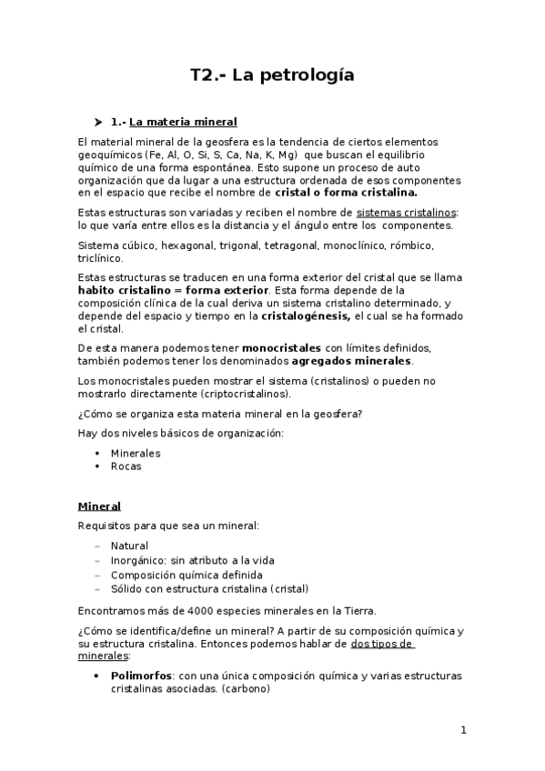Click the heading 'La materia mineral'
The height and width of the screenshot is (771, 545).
pyautogui.click(x=183, y=122)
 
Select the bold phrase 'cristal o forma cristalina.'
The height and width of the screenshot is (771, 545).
pyautogui.click(x=346, y=193)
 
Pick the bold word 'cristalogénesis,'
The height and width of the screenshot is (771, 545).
pyautogui.click(x=306, y=315)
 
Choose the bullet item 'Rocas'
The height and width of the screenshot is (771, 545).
pyautogui.click(x=126, y=466)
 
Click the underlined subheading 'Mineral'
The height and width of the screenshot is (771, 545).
pyautogui.click(x=100, y=506)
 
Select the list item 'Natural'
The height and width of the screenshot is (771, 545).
pyautogui.click(x=130, y=546)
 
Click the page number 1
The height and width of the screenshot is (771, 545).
pyautogui.click(x=463, y=729)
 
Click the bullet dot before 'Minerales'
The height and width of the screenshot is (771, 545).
pyautogui.click(x=97, y=453)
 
